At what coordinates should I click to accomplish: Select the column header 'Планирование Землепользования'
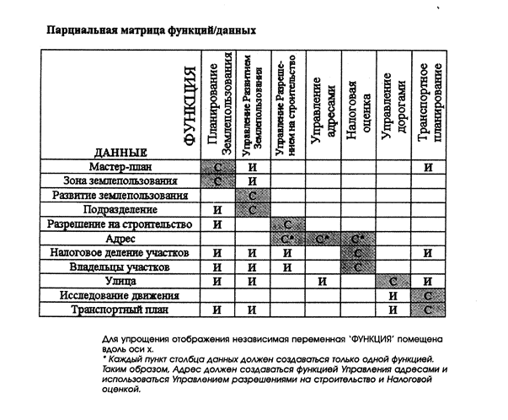pyautogui.click(x=218, y=106)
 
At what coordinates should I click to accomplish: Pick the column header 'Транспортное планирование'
pyautogui.click(x=428, y=105)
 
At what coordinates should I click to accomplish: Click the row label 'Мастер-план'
pyautogui.click(x=118, y=166)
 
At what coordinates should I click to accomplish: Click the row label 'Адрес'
pyautogui.click(x=118, y=239)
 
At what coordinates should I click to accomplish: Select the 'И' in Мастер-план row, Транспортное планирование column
pyautogui.click(x=428, y=167)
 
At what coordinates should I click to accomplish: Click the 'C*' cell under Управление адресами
pyautogui.click(x=324, y=239)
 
